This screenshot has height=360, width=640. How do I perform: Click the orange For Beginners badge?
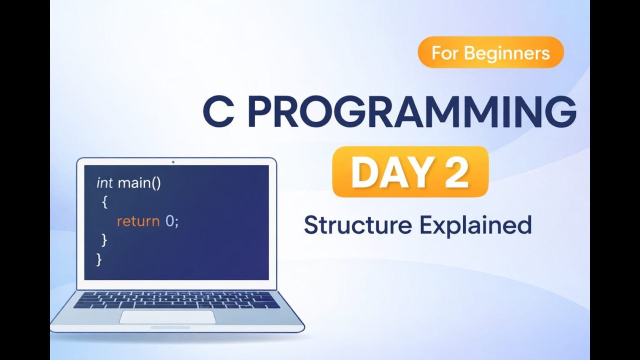490,52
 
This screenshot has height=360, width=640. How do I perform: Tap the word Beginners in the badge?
507,53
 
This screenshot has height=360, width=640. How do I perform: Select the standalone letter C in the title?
218,113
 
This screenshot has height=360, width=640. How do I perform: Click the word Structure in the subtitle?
357,225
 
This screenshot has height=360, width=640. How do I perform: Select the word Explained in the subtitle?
475,225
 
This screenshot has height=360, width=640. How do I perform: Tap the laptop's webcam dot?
173,162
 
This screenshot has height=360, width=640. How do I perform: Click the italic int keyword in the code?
104,183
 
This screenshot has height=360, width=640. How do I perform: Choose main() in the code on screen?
139,183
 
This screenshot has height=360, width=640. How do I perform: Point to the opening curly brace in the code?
104,202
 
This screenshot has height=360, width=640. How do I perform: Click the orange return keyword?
138,221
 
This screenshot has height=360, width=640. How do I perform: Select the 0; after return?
171,221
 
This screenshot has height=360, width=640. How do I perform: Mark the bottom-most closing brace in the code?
99,259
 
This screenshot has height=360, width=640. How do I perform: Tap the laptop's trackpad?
167,317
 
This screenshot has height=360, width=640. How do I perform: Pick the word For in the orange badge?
445,53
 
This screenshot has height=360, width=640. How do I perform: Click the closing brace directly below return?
104,240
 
